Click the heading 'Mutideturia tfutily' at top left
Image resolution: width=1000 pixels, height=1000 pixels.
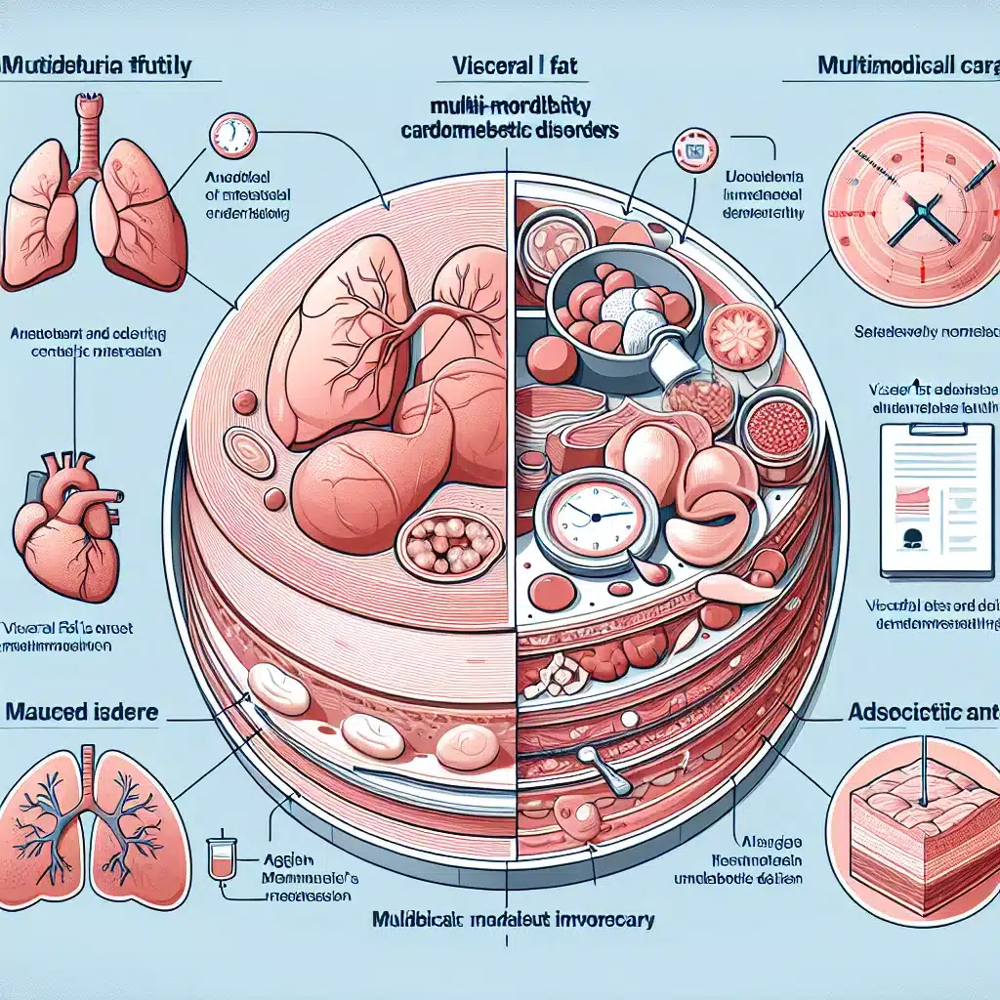coord(98,67)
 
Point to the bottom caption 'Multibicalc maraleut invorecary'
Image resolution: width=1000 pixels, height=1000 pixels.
coord(514,920)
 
